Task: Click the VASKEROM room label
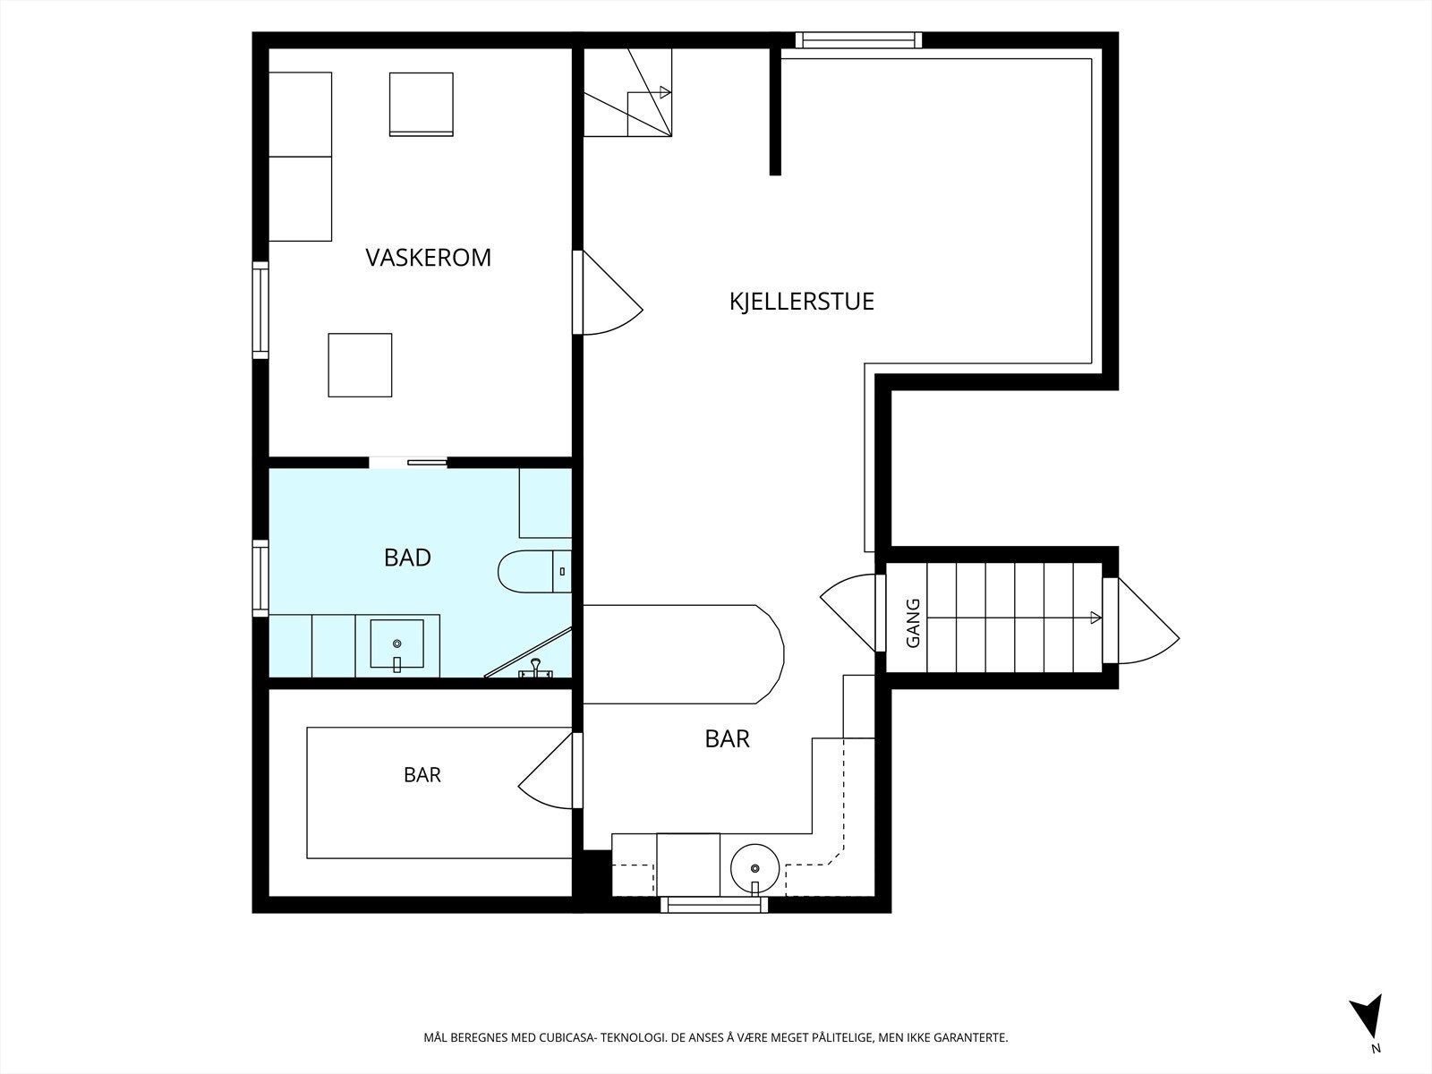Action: click(x=428, y=258)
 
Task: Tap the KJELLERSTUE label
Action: click(x=802, y=302)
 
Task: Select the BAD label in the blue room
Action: click(x=408, y=558)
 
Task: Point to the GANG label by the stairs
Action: click(x=914, y=623)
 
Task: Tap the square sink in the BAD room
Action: click(x=396, y=644)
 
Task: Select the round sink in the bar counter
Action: click(x=754, y=868)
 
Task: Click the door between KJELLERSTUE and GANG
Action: click(x=848, y=612)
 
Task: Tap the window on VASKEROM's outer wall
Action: click(x=260, y=310)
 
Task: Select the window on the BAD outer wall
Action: click(x=260, y=578)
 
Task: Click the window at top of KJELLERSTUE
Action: click(x=858, y=39)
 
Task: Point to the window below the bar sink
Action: click(x=713, y=905)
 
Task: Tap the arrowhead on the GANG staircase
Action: click(x=1096, y=618)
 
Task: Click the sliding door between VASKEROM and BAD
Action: click(x=408, y=463)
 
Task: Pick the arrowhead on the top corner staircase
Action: click(x=666, y=92)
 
